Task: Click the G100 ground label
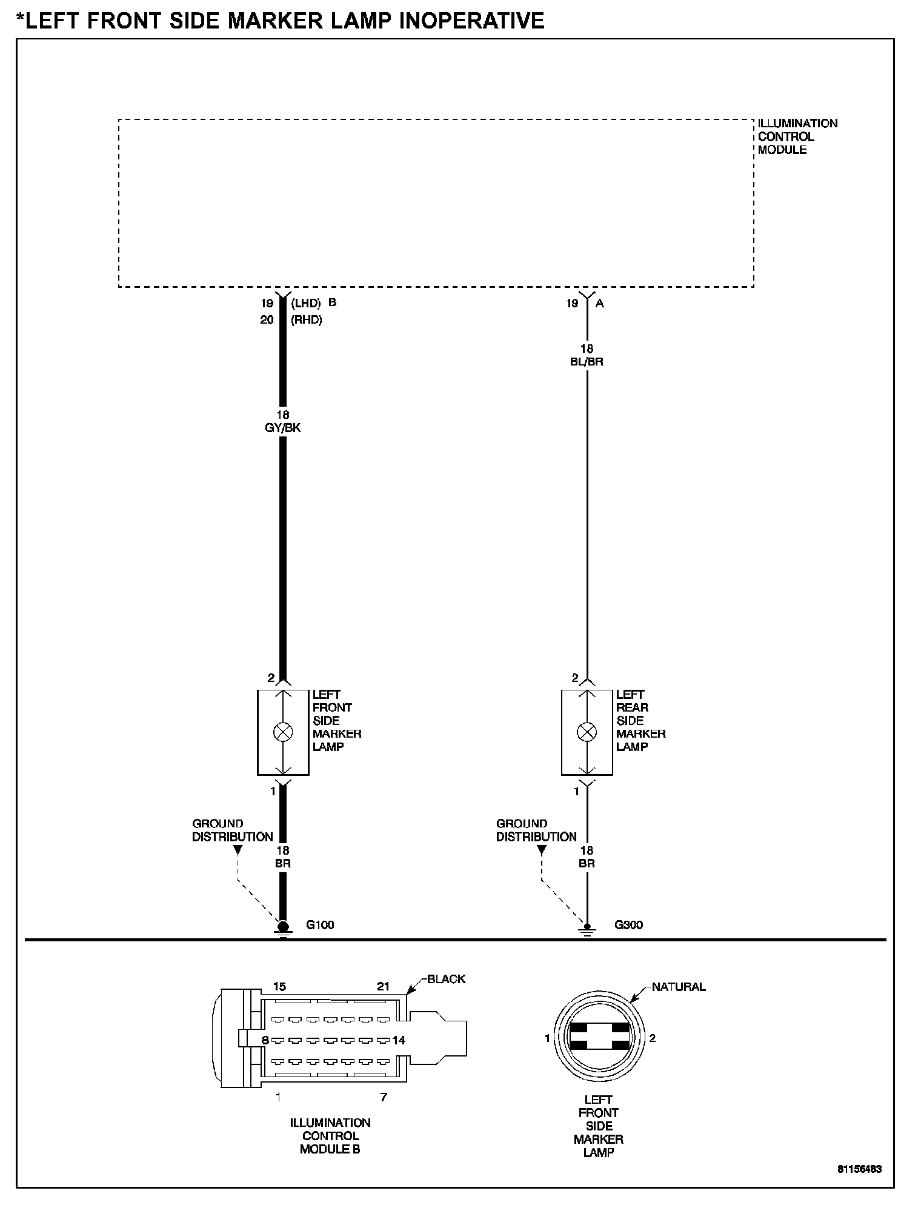pos(320,925)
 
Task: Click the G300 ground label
pos(628,925)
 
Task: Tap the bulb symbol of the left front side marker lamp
pos(283,732)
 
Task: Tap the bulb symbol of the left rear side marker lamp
pos(587,732)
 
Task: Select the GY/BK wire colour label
pos(283,428)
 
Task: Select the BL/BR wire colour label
pos(587,362)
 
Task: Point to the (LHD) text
pos(306,303)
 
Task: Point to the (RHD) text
pos(307,320)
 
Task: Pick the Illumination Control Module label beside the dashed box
pos(797,136)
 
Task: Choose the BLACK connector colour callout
pos(446,979)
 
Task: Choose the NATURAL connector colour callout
pos(679,987)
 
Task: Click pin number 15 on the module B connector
pos(279,987)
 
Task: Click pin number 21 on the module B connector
pos(383,987)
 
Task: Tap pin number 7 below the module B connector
pos(383,1097)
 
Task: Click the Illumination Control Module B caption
pos(330,1136)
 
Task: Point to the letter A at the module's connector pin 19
pos(600,304)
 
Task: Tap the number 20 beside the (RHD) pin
pos(267,320)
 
